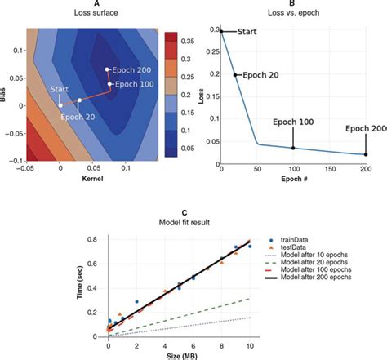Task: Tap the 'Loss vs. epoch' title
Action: pos(293,15)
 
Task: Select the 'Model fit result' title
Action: pos(193,224)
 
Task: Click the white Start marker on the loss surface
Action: pos(60,104)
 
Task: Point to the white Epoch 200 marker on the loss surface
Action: pos(107,69)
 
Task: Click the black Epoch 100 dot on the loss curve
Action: pos(293,148)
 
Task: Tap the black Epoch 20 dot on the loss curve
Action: pos(235,75)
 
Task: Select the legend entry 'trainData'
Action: pos(299,242)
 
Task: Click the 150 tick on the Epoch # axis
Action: pos(329,169)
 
